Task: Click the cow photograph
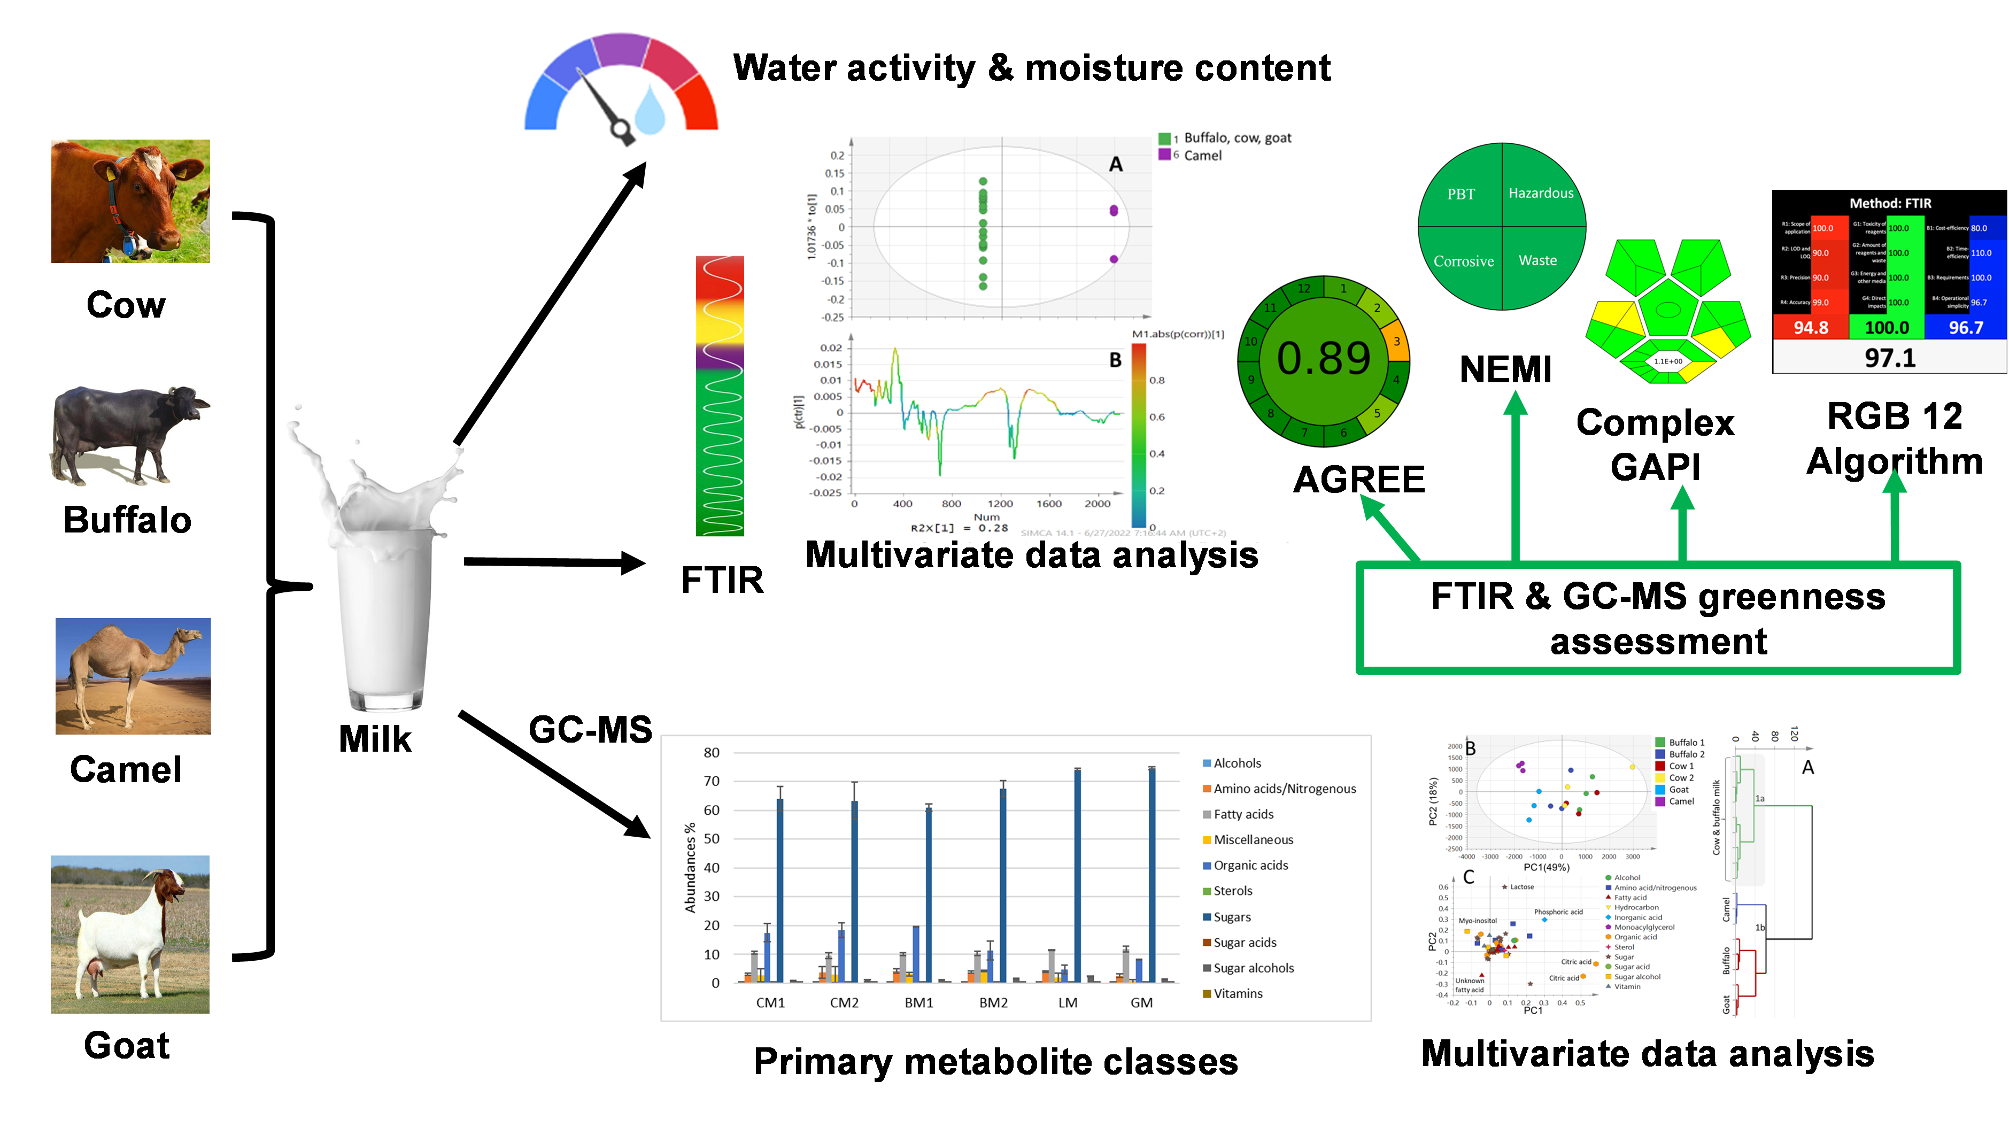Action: pyautogui.click(x=130, y=201)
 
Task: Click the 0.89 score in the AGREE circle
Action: pyautogui.click(x=1324, y=359)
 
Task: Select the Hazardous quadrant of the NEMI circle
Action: pyautogui.click(x=1540, y=194)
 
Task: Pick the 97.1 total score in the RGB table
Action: pyautogui.click(x=1890, y=358)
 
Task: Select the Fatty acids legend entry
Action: pyautogui.click(x=1243, y=814)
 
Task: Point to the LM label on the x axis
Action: pyautogui.click(x=1068, y=1003)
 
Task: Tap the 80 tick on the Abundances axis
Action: pyautogui.click(x=711, y=753)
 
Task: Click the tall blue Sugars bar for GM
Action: pyautogui.click(x=1152, y=874)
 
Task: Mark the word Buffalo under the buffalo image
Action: pyautogui.click(x=127, y=520)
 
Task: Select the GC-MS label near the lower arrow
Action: pyautogui.click(x=590, y=730)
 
